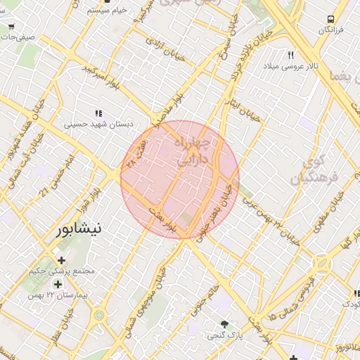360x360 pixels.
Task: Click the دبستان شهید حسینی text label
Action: [99, 124]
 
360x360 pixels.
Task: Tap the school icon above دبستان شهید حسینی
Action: [98, 112]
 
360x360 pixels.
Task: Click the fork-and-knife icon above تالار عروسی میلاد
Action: [290, 55]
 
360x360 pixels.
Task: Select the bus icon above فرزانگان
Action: [331, 19]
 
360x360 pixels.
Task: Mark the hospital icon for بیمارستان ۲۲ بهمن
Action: [58, 284]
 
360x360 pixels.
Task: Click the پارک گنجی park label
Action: [224, 335]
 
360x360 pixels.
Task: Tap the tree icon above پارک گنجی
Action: [224, 324]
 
